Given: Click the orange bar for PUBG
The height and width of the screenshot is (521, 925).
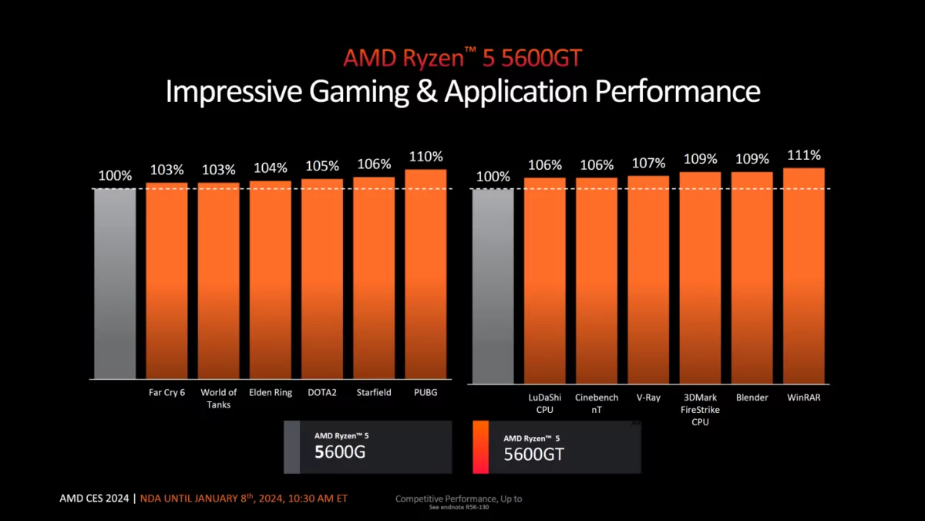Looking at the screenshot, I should [x=425, y=274].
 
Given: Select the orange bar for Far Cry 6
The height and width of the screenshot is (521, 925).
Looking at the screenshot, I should [x=166, y=281].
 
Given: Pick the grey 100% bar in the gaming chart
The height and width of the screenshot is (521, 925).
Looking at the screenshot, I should [x=115, y=283].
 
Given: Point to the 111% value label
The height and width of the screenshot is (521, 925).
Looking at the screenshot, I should [x=804, y=155].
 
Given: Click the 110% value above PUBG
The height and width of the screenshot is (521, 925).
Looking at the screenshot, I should [x=425, y=157].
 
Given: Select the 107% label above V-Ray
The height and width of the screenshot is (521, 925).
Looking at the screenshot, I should [x=648, y=163].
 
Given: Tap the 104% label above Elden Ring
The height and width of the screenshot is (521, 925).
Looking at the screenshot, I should [x=270, y=168].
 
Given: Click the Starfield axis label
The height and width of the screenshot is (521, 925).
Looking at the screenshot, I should [x=374, y=392].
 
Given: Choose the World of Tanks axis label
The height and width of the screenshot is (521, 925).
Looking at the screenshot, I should [x=218, y=398].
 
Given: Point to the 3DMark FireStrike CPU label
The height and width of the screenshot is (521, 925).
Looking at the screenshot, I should [x=700, y=409].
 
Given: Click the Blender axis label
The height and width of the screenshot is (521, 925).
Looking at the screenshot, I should [x=752, y=398].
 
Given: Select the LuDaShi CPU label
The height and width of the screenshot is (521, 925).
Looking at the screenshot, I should [x=544, y=403].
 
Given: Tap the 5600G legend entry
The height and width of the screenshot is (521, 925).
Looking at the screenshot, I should [x=368, y=446].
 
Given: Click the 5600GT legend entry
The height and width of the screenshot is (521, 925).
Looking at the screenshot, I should [x=556, y=447].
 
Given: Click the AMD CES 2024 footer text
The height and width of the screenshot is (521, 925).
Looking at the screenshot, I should [x=95, y=498].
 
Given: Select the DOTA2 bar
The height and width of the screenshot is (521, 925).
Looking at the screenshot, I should [x=322, y=279].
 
